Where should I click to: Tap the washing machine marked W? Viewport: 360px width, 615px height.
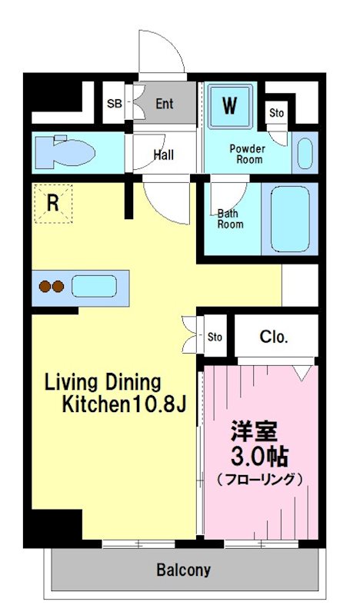230,105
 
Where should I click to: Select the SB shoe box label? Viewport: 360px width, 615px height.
114,104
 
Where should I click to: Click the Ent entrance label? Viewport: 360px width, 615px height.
165,104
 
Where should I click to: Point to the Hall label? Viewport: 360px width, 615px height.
163,155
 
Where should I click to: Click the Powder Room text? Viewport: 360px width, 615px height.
247,154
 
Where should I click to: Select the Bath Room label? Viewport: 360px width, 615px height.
229,219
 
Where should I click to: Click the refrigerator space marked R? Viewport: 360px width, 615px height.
52,203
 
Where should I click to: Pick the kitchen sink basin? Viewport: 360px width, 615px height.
94,288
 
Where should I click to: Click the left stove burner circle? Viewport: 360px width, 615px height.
44,288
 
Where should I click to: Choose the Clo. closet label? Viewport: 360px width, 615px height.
273,335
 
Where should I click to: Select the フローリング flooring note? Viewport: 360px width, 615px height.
259,479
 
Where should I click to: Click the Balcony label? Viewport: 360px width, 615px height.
183,570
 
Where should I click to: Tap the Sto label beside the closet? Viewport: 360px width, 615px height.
215,337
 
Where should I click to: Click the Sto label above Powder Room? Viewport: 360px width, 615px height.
276,113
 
